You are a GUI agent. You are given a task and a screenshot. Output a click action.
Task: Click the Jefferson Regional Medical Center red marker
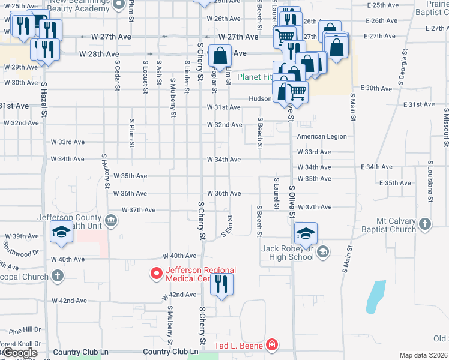click(157, 274)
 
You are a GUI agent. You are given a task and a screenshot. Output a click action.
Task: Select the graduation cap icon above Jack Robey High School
click(306, 233)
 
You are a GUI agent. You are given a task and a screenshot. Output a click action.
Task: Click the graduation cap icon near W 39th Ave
click(61, 232)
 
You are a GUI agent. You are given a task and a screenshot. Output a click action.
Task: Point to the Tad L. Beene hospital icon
click(271, 344)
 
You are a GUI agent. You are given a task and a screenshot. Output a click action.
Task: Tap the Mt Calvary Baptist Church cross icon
click(424, 224)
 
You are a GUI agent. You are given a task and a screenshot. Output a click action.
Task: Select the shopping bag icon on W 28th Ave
click(220, 55)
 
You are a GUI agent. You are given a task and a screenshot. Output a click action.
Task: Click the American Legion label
click(322, 136)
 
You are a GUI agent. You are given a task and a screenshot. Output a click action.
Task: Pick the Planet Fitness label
click(255, 77)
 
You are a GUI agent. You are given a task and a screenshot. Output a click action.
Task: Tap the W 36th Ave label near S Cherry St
click(224, 193)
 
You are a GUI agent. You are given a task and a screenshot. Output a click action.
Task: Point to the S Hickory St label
click(106, 172)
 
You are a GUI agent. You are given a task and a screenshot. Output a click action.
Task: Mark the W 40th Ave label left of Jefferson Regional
click(68, 259)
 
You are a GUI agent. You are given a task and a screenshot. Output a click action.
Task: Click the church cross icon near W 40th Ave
click(57, 276)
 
